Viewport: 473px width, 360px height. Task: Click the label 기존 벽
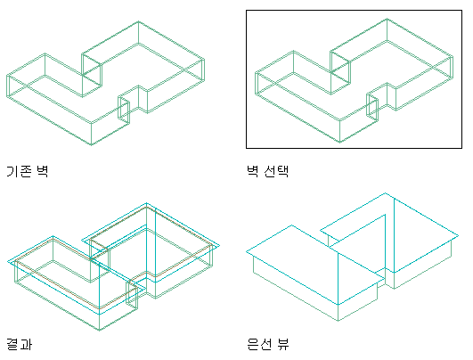pyautogui.click(x=27, y=171)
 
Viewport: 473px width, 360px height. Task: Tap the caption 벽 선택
pyautogui.click(x=267, y=171)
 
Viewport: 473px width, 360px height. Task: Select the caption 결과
pyautogui.click(x=19, y=344)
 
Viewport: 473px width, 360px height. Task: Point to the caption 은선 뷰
pyautogui.click(x=268, y=344)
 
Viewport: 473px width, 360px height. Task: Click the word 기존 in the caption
pyautogui.click(x=19, y=171)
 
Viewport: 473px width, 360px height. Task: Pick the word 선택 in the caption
pyautogui.click(x=276, y=171)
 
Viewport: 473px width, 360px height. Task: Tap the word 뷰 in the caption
pyautogui.click(x=283, y=344)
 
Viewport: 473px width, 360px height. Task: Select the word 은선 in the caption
pyautogui.click(x=258, y=344)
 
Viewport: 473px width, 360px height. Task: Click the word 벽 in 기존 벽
pyautogui.click(x=43, y=171)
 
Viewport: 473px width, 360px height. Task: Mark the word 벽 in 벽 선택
pyautogui.click(x=252, y=171)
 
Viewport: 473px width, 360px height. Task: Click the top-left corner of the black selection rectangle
pyautogui.click(x=247, y=11)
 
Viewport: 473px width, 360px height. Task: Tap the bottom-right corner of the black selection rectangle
pyautogui.click(x=461, y=148)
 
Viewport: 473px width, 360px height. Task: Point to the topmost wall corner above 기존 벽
pyautogui.click(x=138, y=21)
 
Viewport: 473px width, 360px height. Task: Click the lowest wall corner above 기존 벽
pyautogui.click(x=92, y=145)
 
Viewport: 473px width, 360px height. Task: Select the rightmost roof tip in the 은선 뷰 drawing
pyautogui.click(x=459, y=235)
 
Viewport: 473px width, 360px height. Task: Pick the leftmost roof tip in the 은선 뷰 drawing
pyautogui.click(x=247, y=251)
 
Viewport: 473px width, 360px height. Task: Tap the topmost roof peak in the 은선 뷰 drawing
pyautogui.click(x=385, y=192)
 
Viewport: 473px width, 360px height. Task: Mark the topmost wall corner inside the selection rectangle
pyautogui.click(x=387, y=19)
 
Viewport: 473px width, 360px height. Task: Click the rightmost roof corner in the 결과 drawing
pyautogui.click(x=220, y=246)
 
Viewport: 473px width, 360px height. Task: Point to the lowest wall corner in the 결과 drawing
pyautogui.click(x=100, y=330)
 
